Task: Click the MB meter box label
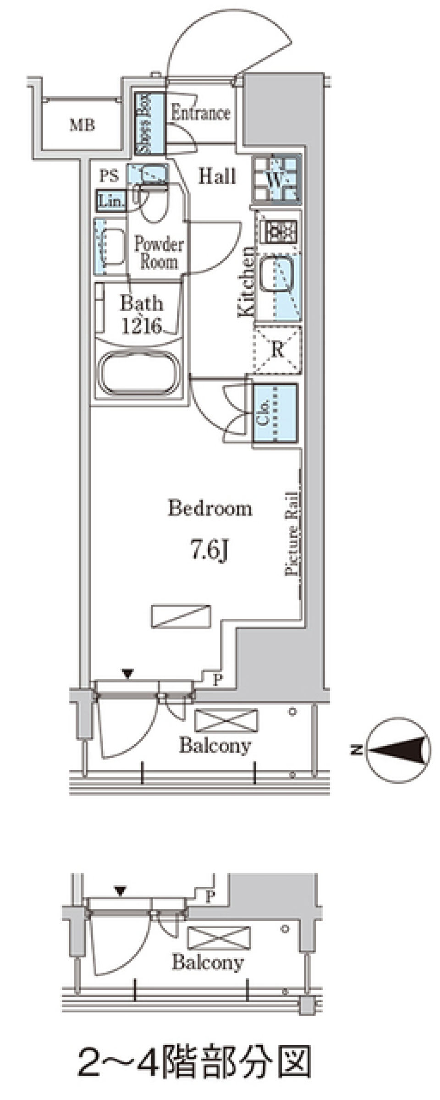coord(82,125)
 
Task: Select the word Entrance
coord(200,113)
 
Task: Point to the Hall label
coord(217,176)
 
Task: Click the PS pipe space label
coord(109,176)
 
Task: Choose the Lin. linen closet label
coord(111,201)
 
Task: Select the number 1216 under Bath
coord(142,325)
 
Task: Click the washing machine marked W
coord(276,179)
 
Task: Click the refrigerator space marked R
coord(277,349)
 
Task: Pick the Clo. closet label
coord(263,412)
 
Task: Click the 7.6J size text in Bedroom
coord(209,550)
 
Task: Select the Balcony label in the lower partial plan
coord(208,962)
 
